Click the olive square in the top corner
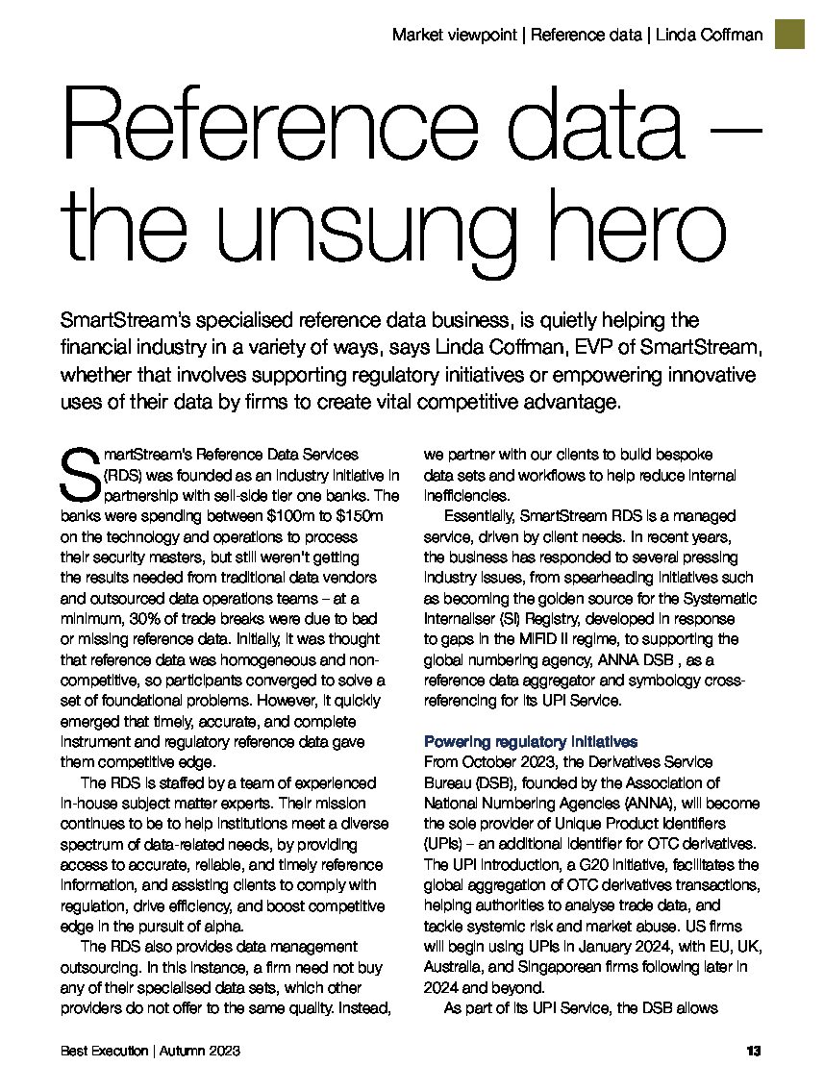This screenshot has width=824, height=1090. (x=790, y=34)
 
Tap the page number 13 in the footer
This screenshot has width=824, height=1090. (x=754, y=1052)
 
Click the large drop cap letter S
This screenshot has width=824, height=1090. (x=79, y=474)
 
